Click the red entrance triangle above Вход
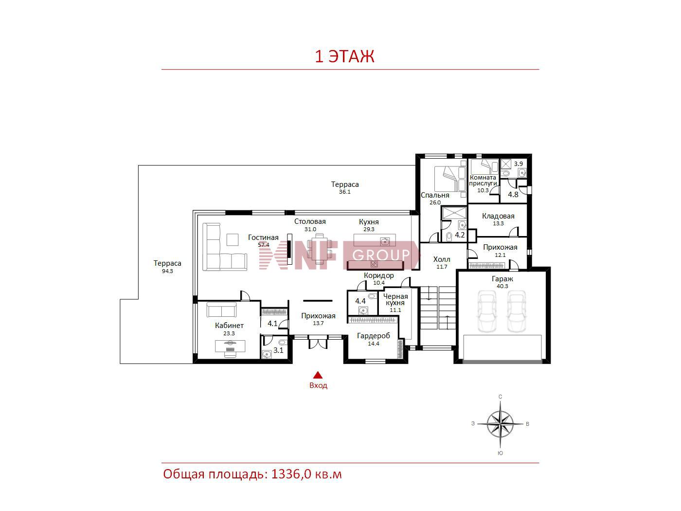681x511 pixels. [x=317, y=375]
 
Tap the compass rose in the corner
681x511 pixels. [x=500, y=423]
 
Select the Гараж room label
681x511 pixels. [x=502, y=278]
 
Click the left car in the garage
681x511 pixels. [x=486, y=311]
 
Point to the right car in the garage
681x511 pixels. [x=516, y=311]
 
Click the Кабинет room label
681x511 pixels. [x=229, y=326]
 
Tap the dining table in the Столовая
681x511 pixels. [x=319, y=249]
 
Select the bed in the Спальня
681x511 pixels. [x=450, y=179]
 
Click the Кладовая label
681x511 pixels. [x=498, y=216]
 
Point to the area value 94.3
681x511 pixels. [x=167, y=271]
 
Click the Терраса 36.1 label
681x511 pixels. [x=345, y=187]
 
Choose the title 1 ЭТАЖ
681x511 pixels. [x=344, y=56]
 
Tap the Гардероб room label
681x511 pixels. [x=373, y=335]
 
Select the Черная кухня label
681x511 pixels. [x=395, y=299]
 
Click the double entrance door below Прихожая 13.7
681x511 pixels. [x=318, y=343]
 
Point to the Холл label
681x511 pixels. [x=442, y=259]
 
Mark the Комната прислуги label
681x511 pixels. [x=483, y=180]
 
